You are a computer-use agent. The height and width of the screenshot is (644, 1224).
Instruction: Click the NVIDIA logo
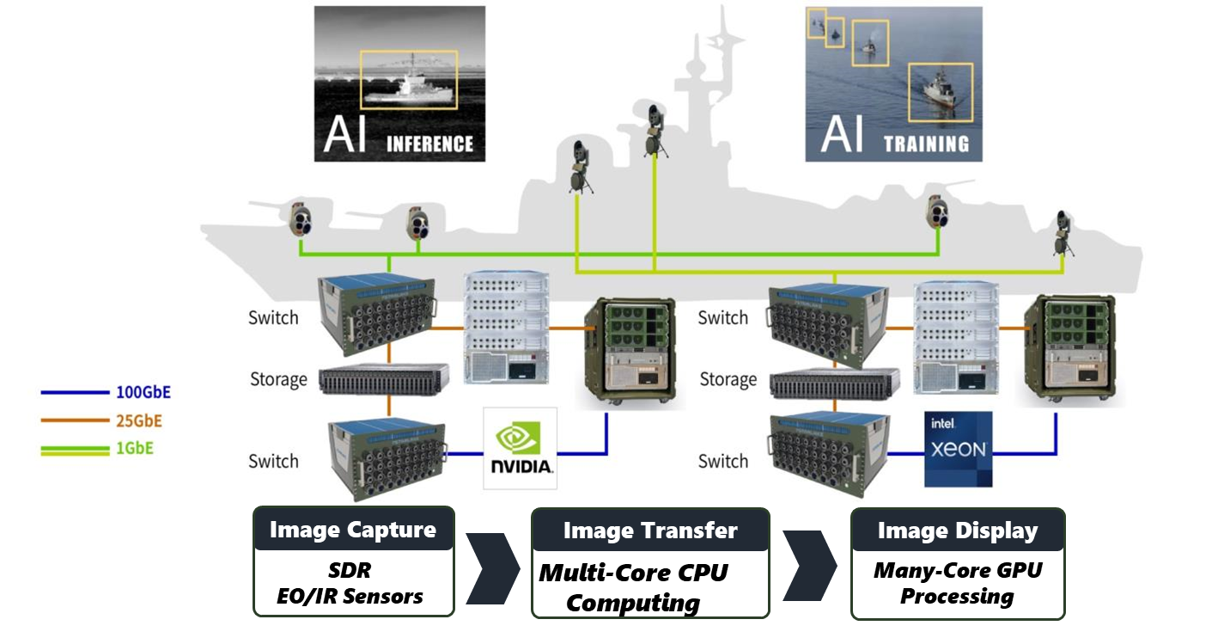tap(520, 448)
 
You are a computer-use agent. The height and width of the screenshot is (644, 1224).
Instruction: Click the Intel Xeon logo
tap(958, 449)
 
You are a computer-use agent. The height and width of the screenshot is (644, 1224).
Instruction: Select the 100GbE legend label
tap(143, 392)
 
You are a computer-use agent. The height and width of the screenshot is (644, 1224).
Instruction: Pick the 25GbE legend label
tap(138, 420)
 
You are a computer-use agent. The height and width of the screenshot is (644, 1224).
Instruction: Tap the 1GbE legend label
tap(135, 448)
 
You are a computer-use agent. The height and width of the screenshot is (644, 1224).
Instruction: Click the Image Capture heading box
tap(353, 530)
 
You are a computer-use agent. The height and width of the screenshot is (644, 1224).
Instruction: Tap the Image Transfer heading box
tap(650, 531)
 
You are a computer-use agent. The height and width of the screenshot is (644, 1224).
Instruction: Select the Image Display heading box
tap(957, 531)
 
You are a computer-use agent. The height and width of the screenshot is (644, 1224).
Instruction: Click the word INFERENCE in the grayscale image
tap(429, 143)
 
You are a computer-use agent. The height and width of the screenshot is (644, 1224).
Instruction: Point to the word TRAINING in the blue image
tap(926, 143)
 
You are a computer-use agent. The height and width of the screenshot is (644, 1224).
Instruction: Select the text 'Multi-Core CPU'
tap(633, 573)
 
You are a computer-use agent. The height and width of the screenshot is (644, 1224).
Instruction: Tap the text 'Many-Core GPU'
tap(957, 570)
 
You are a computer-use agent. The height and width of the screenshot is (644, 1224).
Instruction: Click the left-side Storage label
tap(278, 379)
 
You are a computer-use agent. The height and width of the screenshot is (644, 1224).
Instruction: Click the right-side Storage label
tap(728, 379)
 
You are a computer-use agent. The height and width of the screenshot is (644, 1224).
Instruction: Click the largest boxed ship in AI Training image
tap(941, 89)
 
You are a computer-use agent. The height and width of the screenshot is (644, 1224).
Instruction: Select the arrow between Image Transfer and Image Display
tap(810, 568)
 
